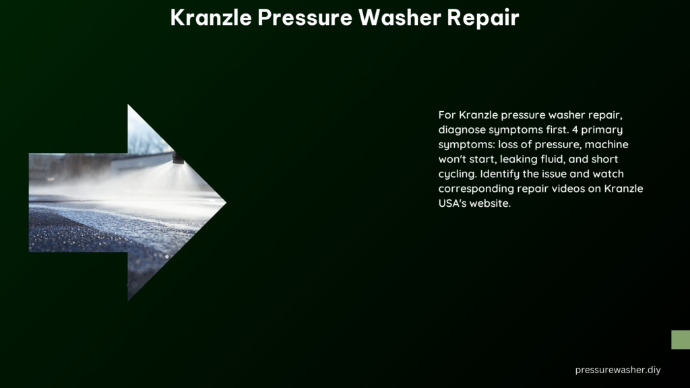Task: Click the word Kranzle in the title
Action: [211, 18]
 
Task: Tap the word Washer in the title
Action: [400, 18]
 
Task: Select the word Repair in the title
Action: [483, 19]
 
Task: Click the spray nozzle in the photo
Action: [178, 157]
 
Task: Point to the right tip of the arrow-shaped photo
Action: [226, 203]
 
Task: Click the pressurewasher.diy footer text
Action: [618, 370]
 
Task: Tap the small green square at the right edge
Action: [681, 339]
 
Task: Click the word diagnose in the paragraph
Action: [462, 130]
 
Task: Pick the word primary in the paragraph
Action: [602, 130]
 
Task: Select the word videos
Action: [578, 189]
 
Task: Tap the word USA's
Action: [452, 203]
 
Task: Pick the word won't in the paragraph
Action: [450, 159]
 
